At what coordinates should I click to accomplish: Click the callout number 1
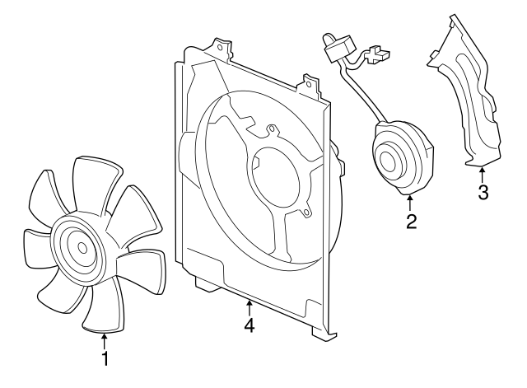[105, 358]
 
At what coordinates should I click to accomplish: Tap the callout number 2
[411, 221]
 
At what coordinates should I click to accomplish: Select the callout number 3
[483, 193]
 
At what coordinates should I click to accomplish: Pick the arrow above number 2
[410, 203]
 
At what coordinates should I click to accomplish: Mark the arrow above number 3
[483, 174]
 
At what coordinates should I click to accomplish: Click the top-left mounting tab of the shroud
[219, 48]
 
